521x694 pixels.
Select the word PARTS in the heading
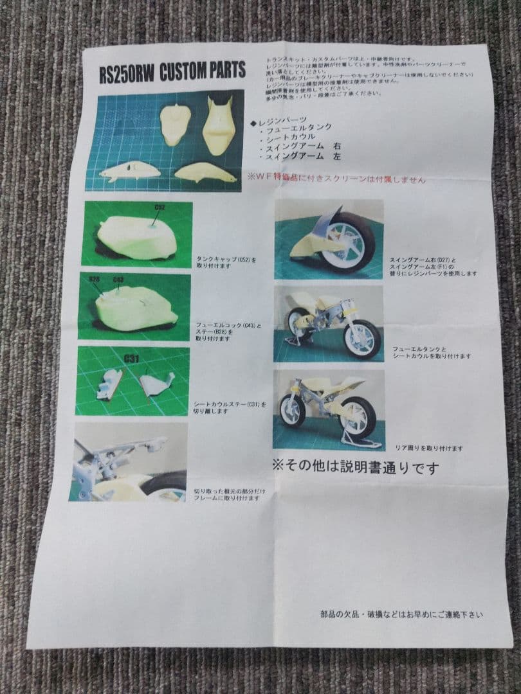click(226, 69)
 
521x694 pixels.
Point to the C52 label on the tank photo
click(160, 208)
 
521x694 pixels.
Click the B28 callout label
click(95, 280)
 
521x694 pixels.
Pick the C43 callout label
click(118, 280)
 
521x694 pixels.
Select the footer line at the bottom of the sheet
click(401, 615)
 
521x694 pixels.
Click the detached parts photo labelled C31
click(133, 382)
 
